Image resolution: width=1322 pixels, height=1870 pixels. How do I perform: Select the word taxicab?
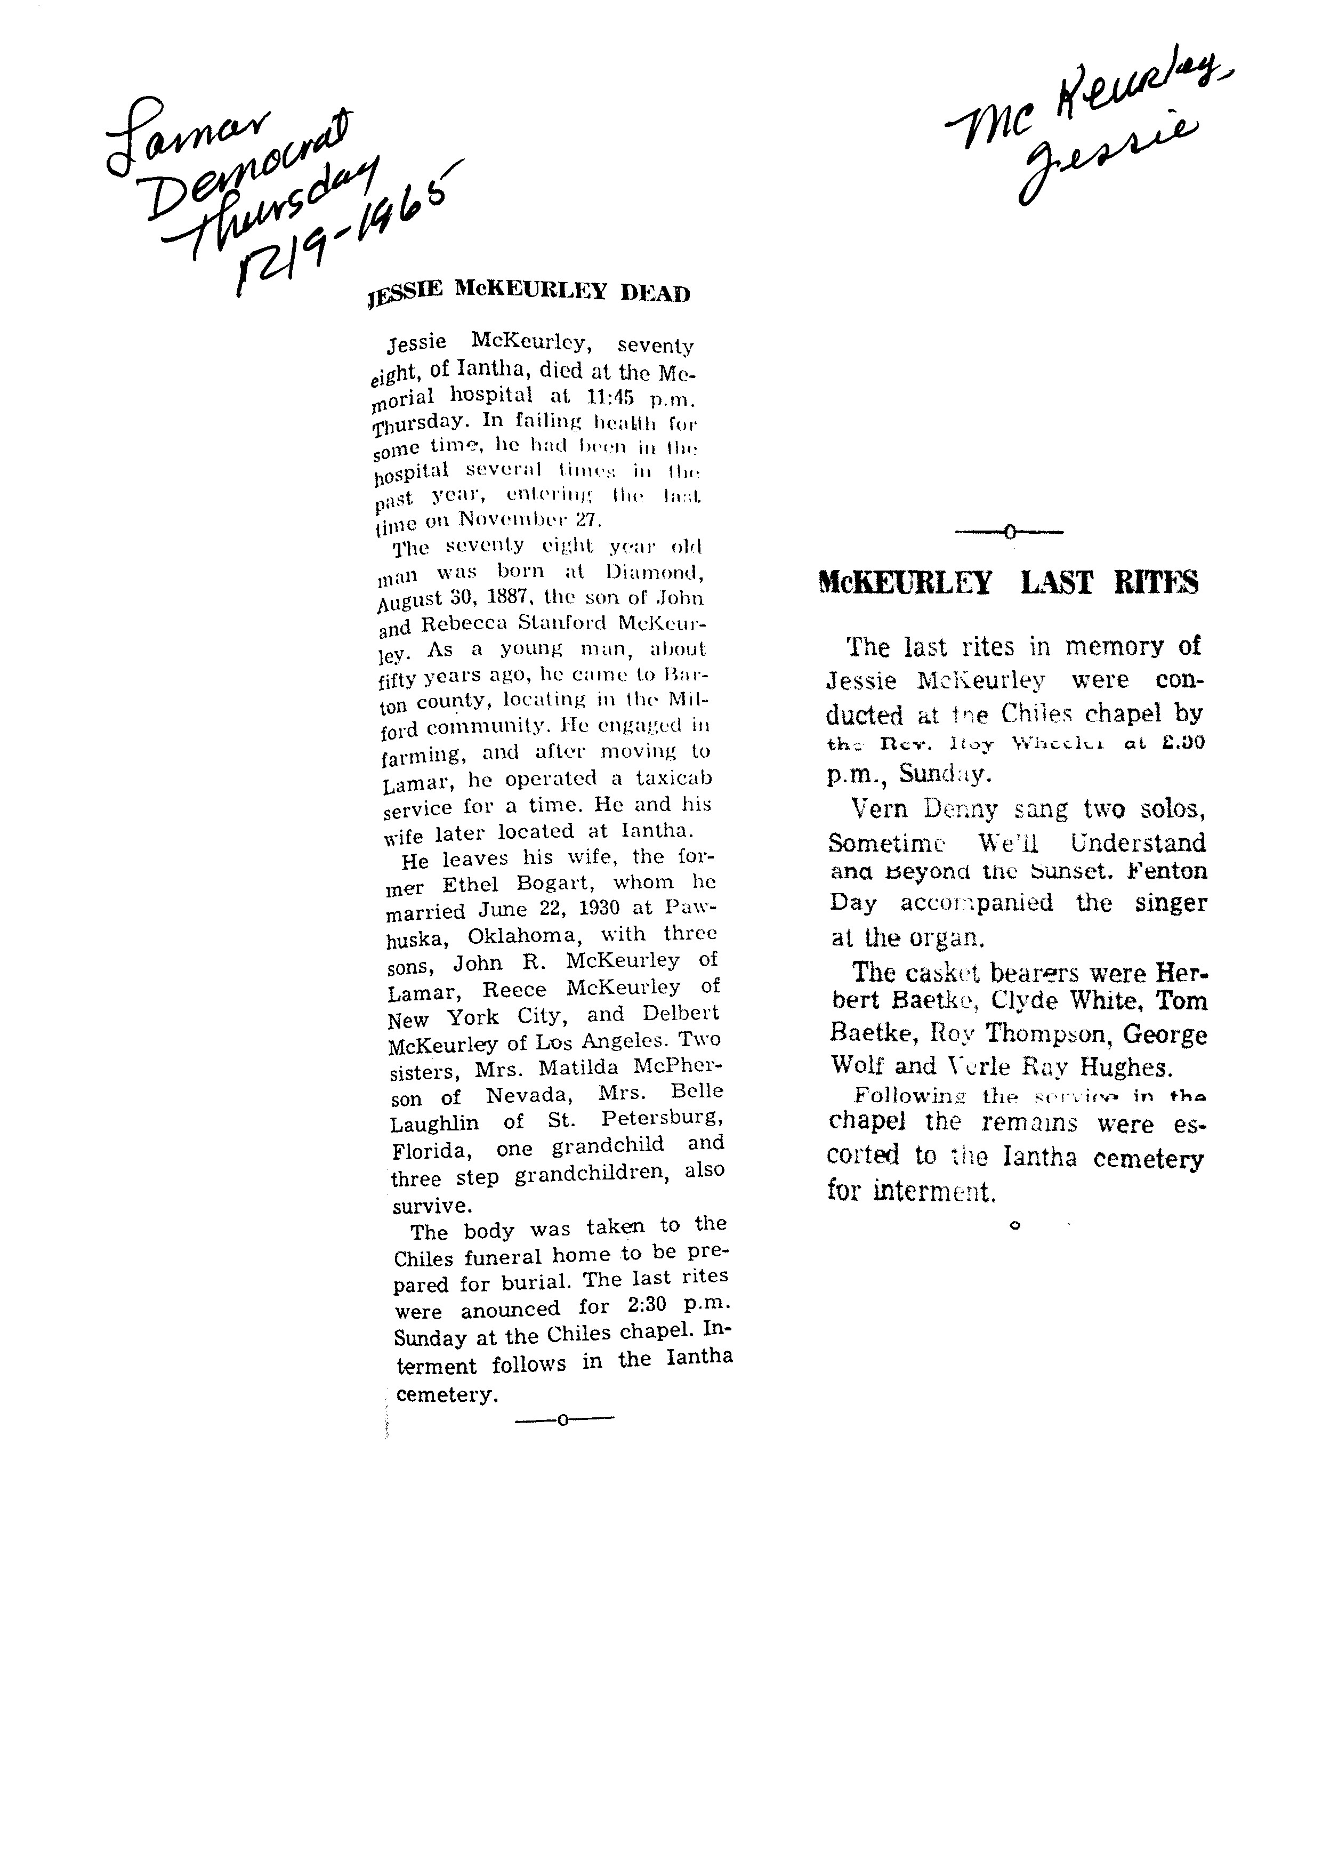point(673,778)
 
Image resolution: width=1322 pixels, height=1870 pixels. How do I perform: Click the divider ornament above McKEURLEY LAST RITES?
point(1010,533)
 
